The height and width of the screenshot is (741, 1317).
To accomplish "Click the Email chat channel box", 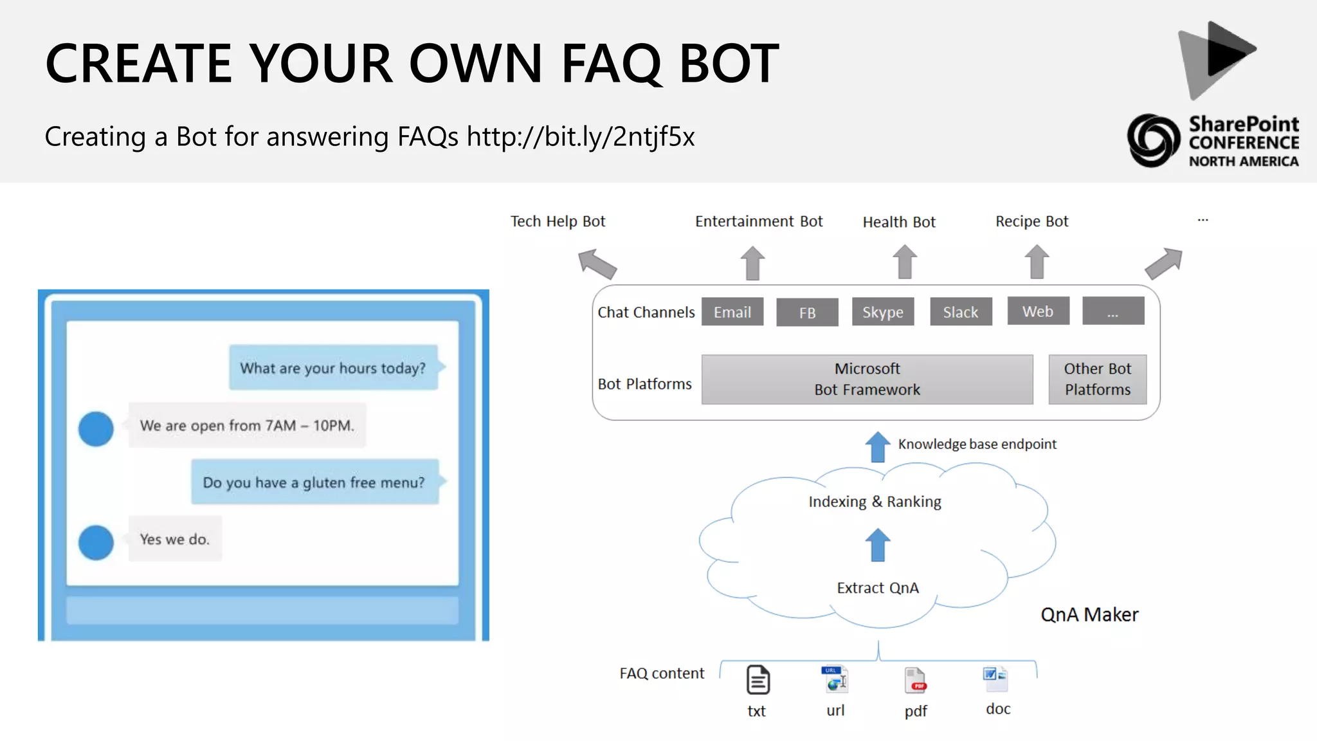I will pos(732,312).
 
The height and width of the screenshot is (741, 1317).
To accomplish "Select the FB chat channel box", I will pos(807,313).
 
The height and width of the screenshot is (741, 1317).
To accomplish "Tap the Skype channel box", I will pos(882,312).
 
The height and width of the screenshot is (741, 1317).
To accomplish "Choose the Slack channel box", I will pos(960,312).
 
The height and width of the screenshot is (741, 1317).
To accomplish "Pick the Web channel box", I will pos(1037,311).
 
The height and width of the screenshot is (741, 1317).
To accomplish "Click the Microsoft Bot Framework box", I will pos(866,380).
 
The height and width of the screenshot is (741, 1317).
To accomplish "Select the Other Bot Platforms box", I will pos(1097,380).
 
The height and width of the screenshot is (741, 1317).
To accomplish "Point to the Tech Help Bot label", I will pos(558,221).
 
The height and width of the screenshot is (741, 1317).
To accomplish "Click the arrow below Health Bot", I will pos(904,262).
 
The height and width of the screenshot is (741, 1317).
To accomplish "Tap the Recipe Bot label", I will pos(1031,221).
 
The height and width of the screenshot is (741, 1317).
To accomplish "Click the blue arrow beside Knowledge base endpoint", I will pos(877,446).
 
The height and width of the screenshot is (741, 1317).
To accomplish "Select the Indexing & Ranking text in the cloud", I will pos(875,502).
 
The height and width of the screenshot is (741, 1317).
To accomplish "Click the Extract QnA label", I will pos(877,588).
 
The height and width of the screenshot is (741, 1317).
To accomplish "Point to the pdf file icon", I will pos(915,681).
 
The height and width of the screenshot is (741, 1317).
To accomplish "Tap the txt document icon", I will pos(758,681).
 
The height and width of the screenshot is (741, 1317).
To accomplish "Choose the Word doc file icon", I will pos(995,678).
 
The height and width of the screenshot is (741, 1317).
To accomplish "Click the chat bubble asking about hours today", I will pos(333,368).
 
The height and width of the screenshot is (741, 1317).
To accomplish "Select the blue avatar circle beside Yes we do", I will pos(96,542).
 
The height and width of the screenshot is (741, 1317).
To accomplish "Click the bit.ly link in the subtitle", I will pos(580,137).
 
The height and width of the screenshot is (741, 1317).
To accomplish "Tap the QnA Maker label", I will pos(1089,615).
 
